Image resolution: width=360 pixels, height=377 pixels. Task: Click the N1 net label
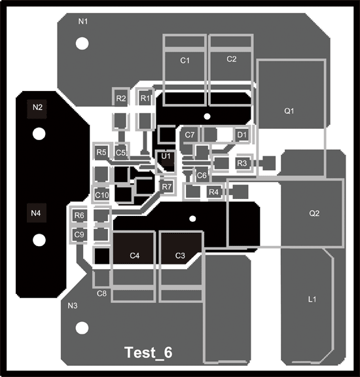(83, 22)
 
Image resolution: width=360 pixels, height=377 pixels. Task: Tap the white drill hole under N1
(82, 44)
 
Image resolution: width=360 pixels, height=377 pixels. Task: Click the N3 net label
(73, 306)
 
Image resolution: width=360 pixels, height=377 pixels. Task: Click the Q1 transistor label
(289, 111)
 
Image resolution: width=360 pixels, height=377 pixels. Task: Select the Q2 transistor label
(314, 213)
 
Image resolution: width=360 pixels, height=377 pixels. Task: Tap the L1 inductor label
(312, 300)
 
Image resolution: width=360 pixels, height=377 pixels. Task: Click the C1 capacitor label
(185, 60)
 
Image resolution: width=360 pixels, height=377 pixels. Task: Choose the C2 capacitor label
(231, 59)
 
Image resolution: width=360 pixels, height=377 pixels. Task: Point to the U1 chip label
(166, 156)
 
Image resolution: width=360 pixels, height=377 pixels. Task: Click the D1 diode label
(242, 135)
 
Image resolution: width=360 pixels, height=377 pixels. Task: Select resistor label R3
(242, 162)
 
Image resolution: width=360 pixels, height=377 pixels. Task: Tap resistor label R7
(166, 187)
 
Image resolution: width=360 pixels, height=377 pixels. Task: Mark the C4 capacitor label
(135, 255)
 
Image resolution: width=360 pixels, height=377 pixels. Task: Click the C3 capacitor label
(180, 255)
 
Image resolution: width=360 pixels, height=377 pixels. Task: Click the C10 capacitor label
(101, 194)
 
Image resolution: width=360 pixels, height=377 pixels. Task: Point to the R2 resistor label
(120, 98)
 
